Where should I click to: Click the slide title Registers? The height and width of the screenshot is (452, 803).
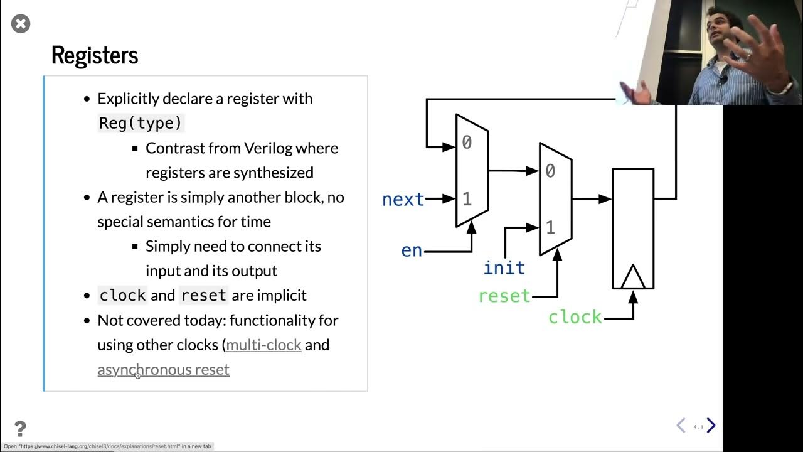pos(94,55)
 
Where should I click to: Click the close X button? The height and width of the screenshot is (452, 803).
pos(21,24)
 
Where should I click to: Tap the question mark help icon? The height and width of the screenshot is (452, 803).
pos(20,429)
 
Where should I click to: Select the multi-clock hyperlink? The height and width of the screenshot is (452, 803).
pos(263,345)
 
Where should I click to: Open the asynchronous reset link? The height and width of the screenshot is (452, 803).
pos(163,369)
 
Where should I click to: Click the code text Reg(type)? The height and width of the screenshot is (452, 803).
pos(141,123)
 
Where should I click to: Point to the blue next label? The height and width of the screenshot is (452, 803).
pos(403,200)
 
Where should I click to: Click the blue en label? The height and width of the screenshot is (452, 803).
pos(412,250)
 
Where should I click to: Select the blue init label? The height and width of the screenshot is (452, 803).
pos(504,268)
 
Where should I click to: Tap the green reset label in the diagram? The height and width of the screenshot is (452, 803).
pos(504,296)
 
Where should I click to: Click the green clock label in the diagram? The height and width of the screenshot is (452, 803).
pos(575,318)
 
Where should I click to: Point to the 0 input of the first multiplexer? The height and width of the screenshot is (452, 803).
pos(467,143)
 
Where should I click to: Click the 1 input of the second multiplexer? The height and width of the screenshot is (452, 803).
pos(550,227)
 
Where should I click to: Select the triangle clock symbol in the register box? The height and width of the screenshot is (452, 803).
pos(632,277)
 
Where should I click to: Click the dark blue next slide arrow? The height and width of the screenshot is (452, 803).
pos(711,426)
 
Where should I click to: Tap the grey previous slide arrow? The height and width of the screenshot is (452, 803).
pos(681,426)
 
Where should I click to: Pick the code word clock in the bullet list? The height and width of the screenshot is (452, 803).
pos(122,296)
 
